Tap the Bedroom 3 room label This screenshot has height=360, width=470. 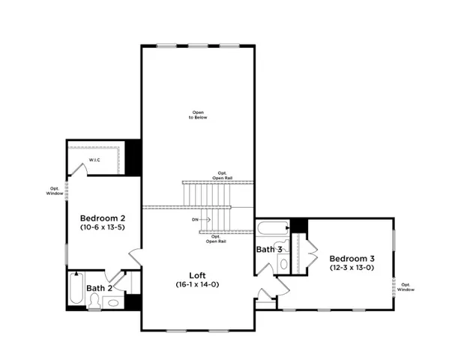[352, 256]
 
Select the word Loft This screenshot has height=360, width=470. [197, 274]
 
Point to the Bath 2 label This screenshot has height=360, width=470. [99, 288]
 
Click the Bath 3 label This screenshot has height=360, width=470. [269, 250]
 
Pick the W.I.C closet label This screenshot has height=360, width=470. [94, 160]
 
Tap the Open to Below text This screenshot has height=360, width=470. [198, 115]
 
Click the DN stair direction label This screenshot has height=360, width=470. [195, 220]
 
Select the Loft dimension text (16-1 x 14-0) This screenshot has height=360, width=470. [197, 285]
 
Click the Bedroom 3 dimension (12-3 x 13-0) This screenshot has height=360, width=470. [352, 267]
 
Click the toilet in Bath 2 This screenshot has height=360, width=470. [94, 301]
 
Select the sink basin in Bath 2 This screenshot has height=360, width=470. [113, 303]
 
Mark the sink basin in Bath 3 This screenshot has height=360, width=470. [283, 263]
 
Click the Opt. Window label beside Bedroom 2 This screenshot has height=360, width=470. [55, 191]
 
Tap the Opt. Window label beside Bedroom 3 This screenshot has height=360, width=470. [406, 286]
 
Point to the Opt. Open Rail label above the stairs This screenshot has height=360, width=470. [223, 175]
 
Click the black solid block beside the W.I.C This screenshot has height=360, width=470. [133, 157]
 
